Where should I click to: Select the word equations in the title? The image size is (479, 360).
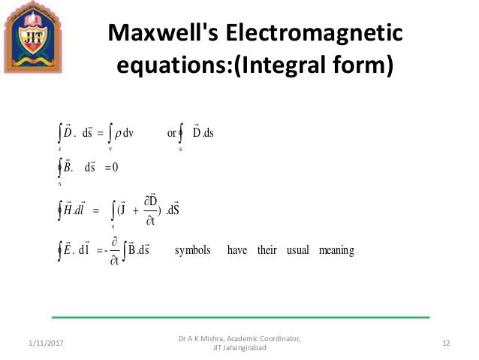coord(167,66)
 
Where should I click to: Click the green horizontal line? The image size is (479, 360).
coord(240,317)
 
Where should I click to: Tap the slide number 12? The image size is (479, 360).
coord(446,343)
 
